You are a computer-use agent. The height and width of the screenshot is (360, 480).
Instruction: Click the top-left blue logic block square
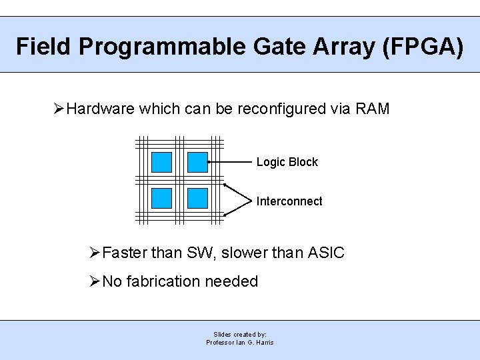tap(161, 162)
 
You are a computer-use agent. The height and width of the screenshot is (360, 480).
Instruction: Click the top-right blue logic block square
tap(197, 162)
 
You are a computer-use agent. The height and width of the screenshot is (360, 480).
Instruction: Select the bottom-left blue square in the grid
tap(161, 198)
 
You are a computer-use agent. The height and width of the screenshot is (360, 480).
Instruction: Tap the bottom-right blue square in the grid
tap(197, 198)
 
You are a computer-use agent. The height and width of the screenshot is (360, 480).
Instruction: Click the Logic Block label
tap(287, 162)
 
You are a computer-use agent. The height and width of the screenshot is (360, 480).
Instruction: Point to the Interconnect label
tap(289, 201)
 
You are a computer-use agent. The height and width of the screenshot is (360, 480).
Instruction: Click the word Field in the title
tap(44, 47)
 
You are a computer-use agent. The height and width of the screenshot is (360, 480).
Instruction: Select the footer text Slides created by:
tap(240, 334)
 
